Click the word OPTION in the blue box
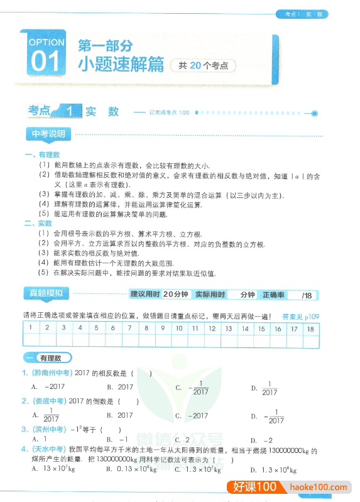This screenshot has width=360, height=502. point(46,43)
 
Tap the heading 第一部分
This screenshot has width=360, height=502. point(105,46)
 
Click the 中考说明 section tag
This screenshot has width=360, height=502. point(52,134)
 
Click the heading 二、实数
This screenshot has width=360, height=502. point(38,223)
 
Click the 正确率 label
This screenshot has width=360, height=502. point(273,295)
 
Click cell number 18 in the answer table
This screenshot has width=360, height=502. point(310,328)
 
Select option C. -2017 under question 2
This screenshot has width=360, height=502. point(192,415)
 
